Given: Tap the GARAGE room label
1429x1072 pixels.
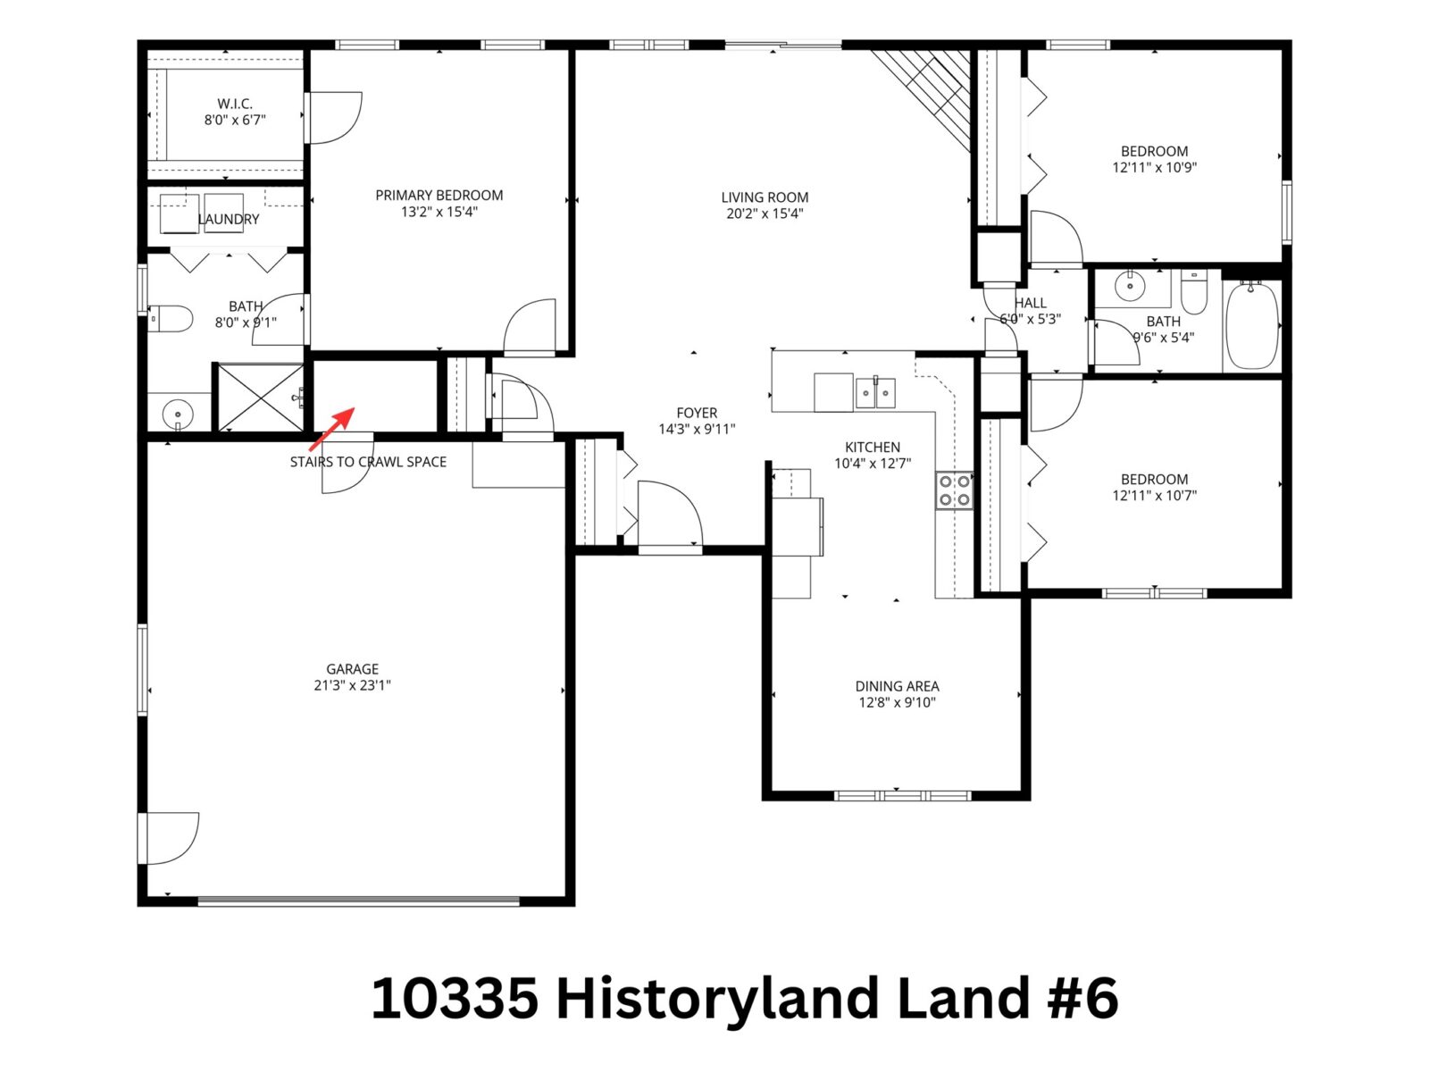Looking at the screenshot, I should pyautogui.click(x=352, y=669).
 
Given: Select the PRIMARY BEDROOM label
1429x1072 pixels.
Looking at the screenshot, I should pyautogui.click(x=439, y=195).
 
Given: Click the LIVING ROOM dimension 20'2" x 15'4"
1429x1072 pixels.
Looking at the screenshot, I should pyautogui.click(x=765, y=214).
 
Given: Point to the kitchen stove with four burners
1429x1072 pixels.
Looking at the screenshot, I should pyautogui.click(x=954, y=490).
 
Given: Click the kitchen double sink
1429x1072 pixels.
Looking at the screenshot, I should pyautogui.click(x=875, y=392).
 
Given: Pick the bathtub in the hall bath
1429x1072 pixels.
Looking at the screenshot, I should pyautogui.click(x=1251, y=326).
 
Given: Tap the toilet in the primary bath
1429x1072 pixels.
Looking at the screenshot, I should pyautogui.click(x=172, y=318).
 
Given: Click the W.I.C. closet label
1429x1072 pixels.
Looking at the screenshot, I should pyautogui.click(x=235, y=104).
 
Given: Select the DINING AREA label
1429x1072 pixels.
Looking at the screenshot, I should pyautogui.click(x=897, y=686).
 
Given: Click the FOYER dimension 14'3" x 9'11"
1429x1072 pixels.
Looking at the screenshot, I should pyautogui.click(x=697, y=429).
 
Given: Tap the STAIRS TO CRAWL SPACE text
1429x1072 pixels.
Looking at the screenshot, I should pyautogui.click(x=368, y=462).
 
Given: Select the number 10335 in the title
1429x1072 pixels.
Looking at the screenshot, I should pyautogui.click(x=455, y=998).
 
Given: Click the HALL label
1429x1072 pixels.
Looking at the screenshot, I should pyautogui.click(x=1030, y=303).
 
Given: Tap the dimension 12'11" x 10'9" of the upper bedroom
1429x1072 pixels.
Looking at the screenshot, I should pyautogui.click(x=1154, y=167).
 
